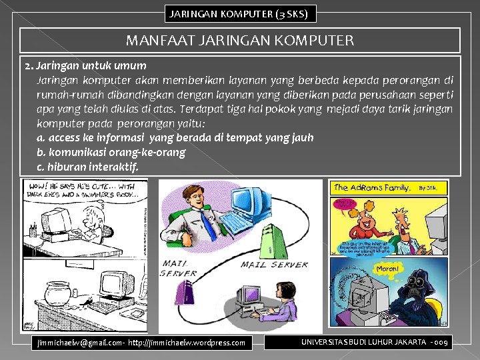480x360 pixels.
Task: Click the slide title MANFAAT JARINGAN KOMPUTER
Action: coord(240,41)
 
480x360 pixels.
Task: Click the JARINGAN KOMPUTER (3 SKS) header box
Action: coord(240,13)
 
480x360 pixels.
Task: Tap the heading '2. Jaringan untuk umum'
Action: coord(85,66)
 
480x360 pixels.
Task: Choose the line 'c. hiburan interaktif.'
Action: coord(88,167)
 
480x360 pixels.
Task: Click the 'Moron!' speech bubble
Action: coord(368,268)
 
